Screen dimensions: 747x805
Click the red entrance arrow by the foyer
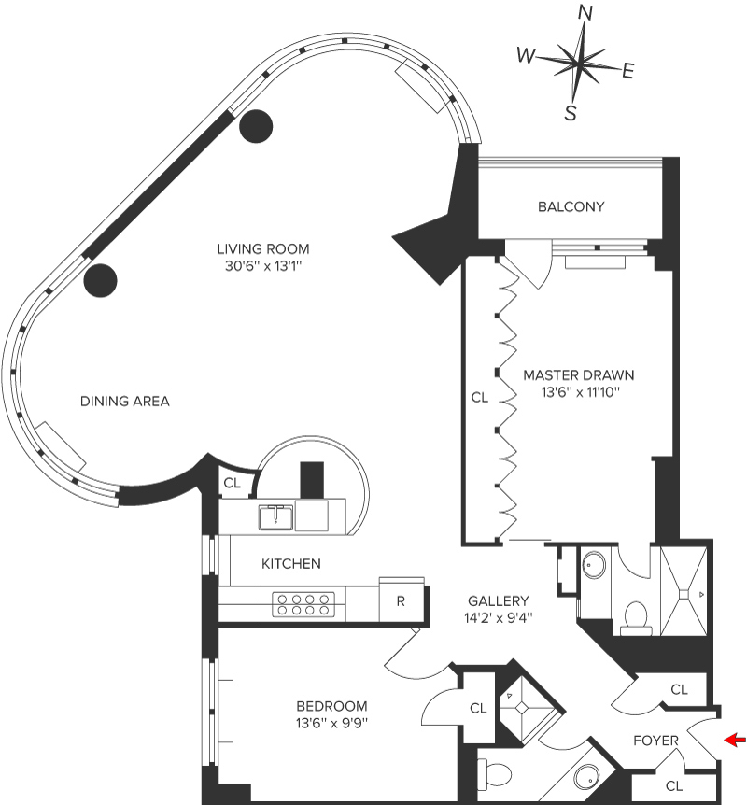(x=736, y=741)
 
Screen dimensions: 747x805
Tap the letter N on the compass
(x=586, y=12)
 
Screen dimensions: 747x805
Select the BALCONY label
(x=571, y=206)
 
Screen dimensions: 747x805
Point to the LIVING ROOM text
(x=262, y=249)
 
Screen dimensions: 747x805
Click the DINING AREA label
(x=124, y=402)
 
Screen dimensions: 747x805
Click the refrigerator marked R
(x=401, y=600)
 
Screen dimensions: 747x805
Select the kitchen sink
(x=276, y=515)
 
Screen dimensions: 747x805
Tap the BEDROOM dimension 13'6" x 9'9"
(x=331, y=723)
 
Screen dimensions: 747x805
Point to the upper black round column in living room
(x=256, y=125)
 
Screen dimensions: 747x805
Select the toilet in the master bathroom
(x=636, y=615)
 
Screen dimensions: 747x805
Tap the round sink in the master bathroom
(x=595, y=565)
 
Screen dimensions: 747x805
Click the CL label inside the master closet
(x=480, y=397)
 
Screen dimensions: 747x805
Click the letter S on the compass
(x=570, y=113)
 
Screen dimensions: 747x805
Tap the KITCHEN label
(x=291, y=564)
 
